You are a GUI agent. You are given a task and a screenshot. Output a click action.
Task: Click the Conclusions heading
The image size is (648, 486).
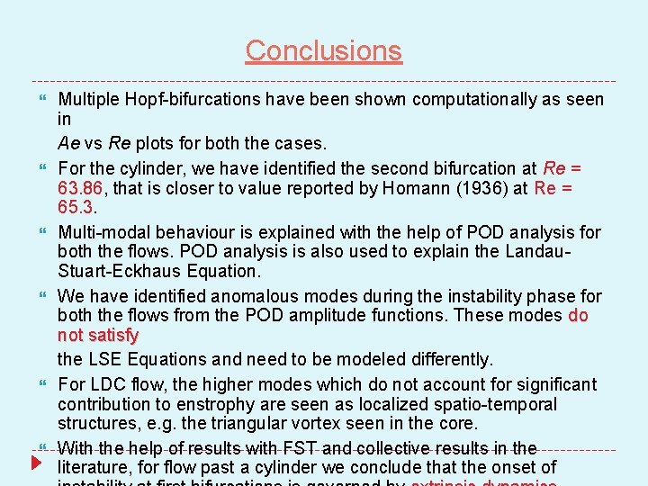pos(323,50)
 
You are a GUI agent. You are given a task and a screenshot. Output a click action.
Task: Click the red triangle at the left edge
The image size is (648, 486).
pos(36,463)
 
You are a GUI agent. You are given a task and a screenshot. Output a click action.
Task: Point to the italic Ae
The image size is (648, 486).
pos(68,143)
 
